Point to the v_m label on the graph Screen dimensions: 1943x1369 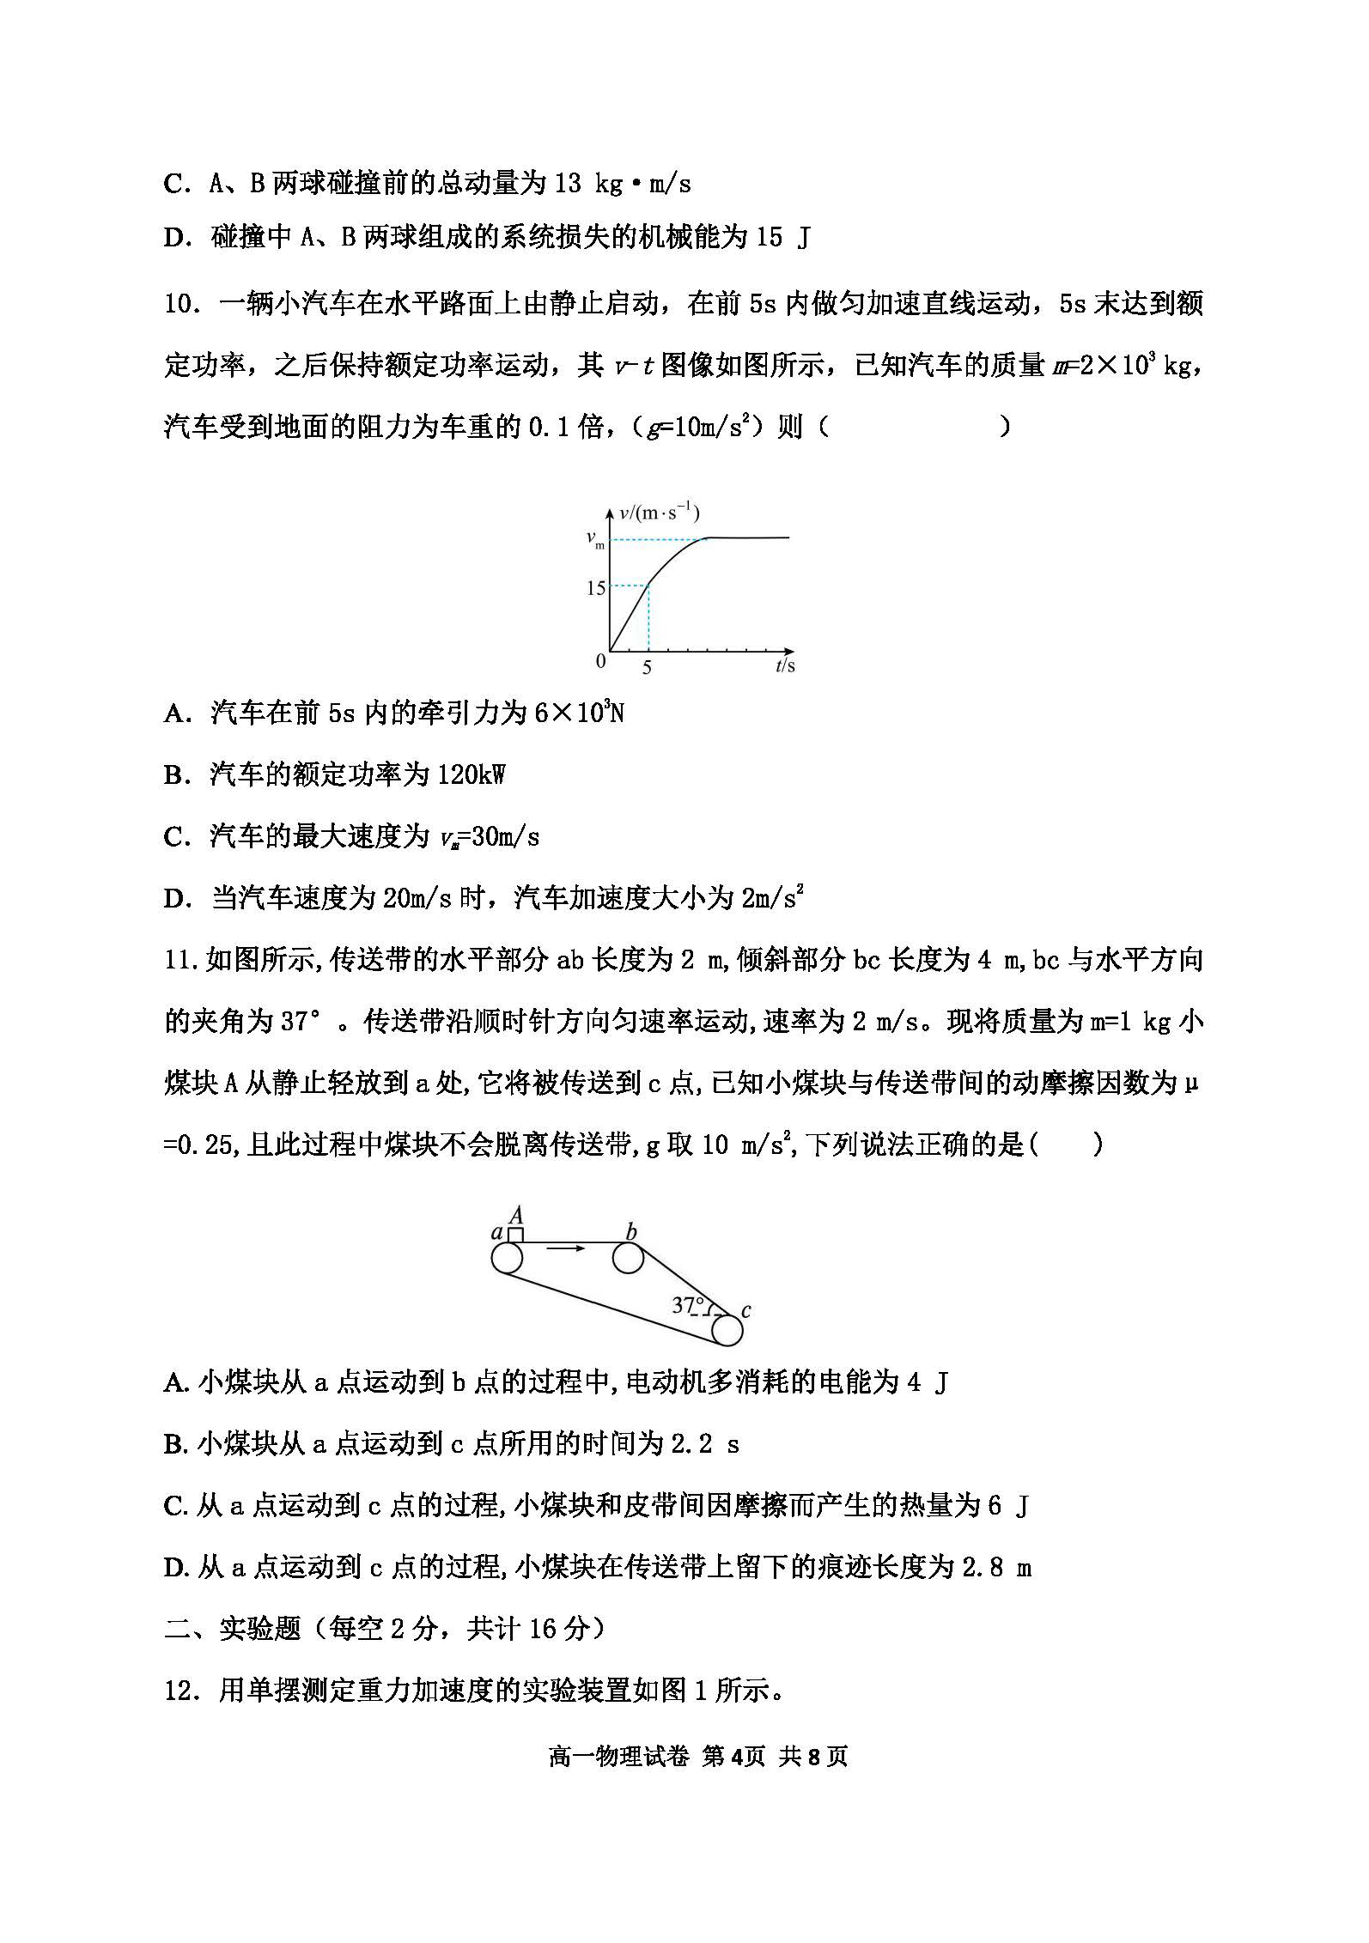[x=595, y=539]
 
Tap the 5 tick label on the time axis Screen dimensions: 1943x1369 [x=647, y=667]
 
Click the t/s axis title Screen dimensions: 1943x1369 [x=784, y=665]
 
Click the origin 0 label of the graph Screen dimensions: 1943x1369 [x=600, y=661]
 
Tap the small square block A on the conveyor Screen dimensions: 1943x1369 [x=515, y=1235]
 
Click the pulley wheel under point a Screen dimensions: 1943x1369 [x=507, y=1259]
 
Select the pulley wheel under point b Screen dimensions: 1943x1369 [x=629, y=1259]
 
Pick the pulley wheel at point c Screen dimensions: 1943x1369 [x=727, y=1330]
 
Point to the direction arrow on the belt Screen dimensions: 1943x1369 [x=566, y=1248]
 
